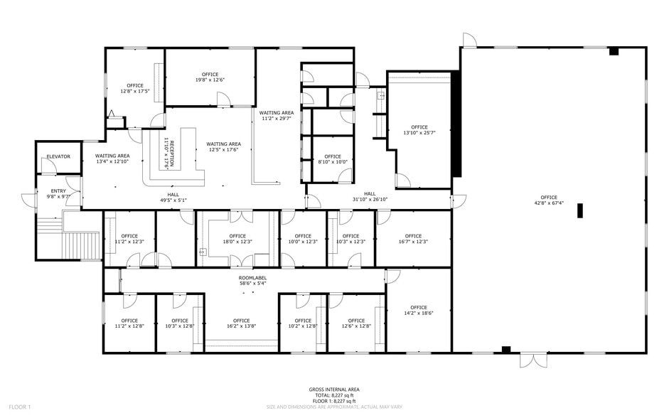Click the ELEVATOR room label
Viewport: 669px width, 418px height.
coord(58,156)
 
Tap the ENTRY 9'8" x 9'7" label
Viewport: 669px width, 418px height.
coord(56,193)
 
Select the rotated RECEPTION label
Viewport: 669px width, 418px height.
coord(169,151)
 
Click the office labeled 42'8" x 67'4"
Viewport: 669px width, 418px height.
coord(549,200)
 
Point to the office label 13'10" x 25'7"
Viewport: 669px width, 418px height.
coord(419,130)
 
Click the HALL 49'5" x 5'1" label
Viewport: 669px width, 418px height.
coord(173,198)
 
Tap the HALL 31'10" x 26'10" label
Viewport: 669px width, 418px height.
coord(370,197)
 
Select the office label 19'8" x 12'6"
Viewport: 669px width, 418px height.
coord(210,77)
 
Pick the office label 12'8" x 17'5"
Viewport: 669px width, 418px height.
coord(134,89)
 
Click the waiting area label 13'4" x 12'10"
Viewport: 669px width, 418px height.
coord(112,159)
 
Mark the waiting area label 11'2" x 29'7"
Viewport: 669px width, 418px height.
coord(277,116)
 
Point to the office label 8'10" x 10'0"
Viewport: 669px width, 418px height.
coord(333,159)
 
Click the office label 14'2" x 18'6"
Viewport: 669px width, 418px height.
coord(418,310)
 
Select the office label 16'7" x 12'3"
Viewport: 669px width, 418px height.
coord(413,239)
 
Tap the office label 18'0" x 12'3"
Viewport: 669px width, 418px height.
coord(237,239)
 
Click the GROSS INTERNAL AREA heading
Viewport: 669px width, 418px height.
coord(333,390)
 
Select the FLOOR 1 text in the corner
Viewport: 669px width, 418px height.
coord(19,407)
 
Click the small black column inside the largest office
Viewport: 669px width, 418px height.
coord(580,210)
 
